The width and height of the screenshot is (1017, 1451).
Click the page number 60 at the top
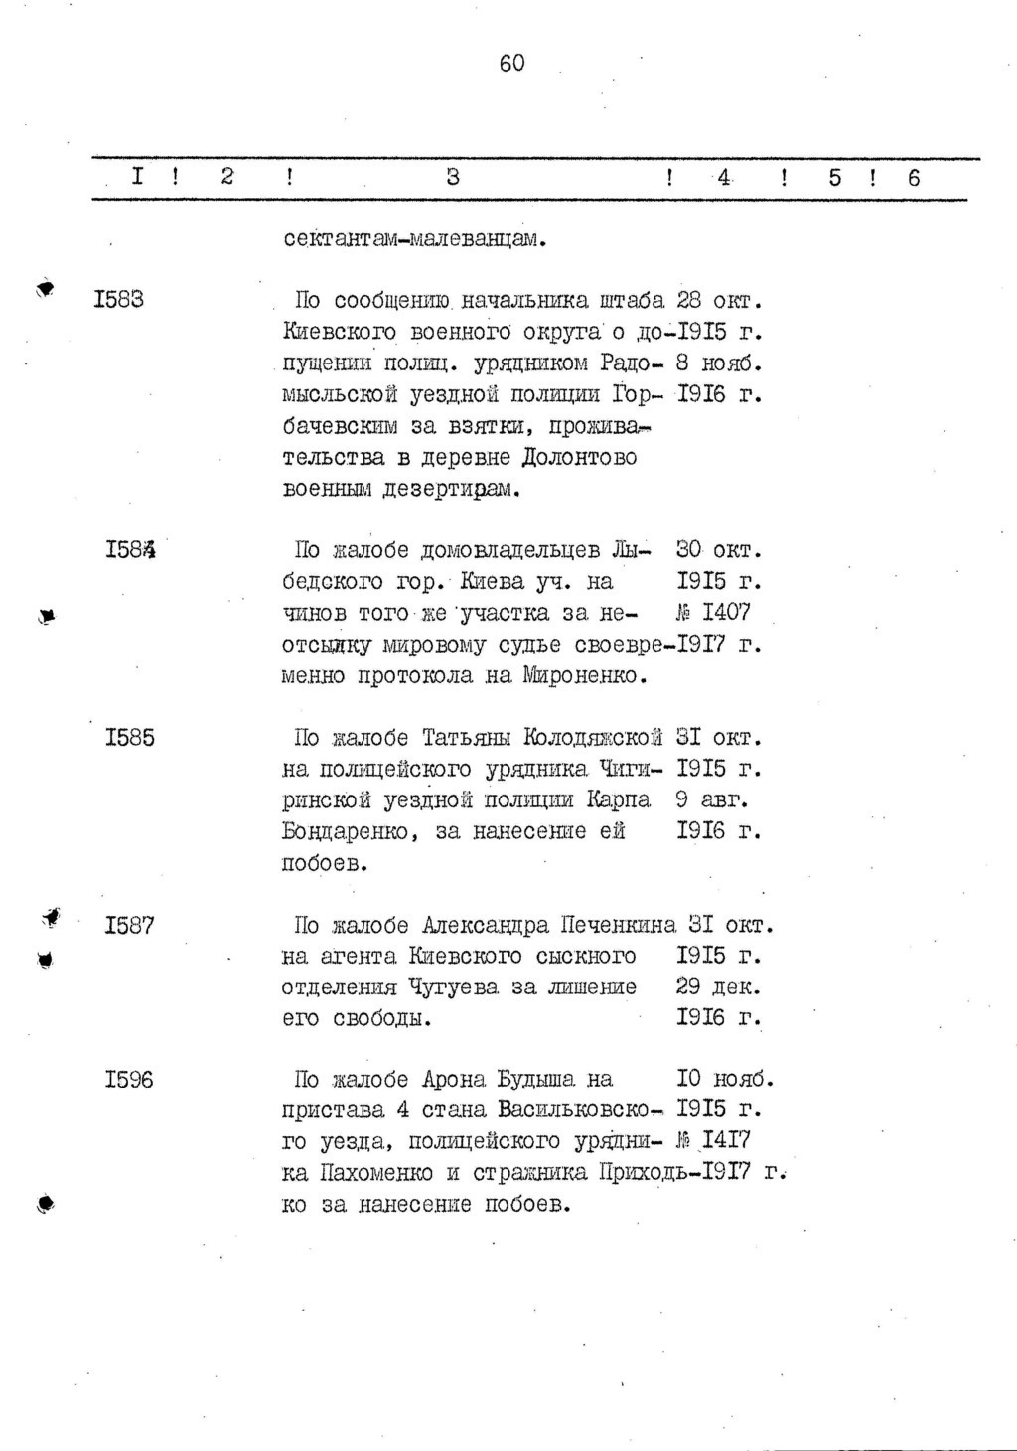pyautogui.click(x=511, y=64)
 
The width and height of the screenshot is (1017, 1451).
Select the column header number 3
pyautogui.click(x=453, y=177)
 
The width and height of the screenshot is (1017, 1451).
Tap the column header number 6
pyautogui.click(x=914, y=177)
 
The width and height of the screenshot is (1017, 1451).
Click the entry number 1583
pyautogui.click(x=119, y=299)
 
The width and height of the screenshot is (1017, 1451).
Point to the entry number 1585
pyautogui.click(x=130, y=738)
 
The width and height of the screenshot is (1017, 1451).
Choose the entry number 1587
pyautogui.click(x=130, y=926)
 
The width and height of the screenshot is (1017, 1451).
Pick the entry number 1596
pyautogui.click(x=130, y=1080)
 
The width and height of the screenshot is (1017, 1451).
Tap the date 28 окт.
pyautogui.click(x=718, y=299)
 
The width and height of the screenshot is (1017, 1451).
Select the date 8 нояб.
pyautogui.click(x=718, y=363)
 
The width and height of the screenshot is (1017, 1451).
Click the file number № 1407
pyautogui.click(x=713, y=613)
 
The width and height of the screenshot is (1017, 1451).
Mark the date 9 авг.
pyautogui.click(x=712, y=799)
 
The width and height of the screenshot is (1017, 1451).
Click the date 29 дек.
pyautogui.click(x=718, y=987)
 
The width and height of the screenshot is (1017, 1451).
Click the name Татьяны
pyautogui.click(x=466, y=738)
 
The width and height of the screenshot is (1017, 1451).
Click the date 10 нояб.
pyautogui.click(x=724, y=1080)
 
